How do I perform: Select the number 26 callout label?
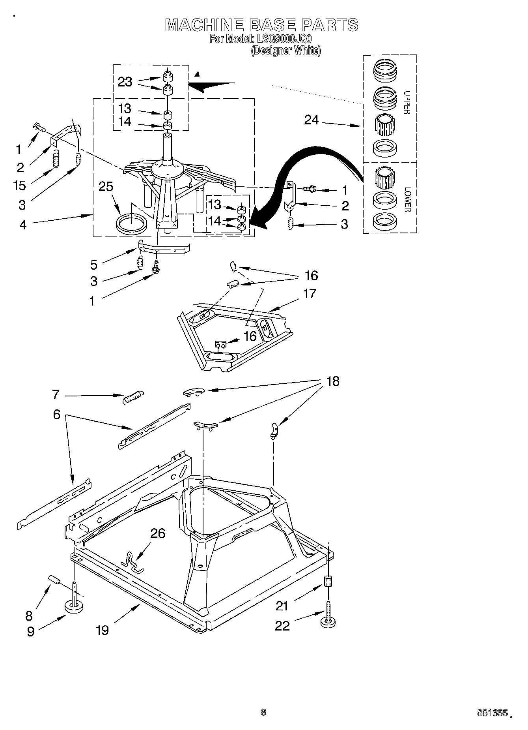158,533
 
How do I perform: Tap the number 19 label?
102,630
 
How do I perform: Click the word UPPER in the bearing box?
407,103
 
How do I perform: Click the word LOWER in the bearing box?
407,199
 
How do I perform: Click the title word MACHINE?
205,25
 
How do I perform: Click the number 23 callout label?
125,82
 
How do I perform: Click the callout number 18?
333,381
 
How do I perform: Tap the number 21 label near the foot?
282,606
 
